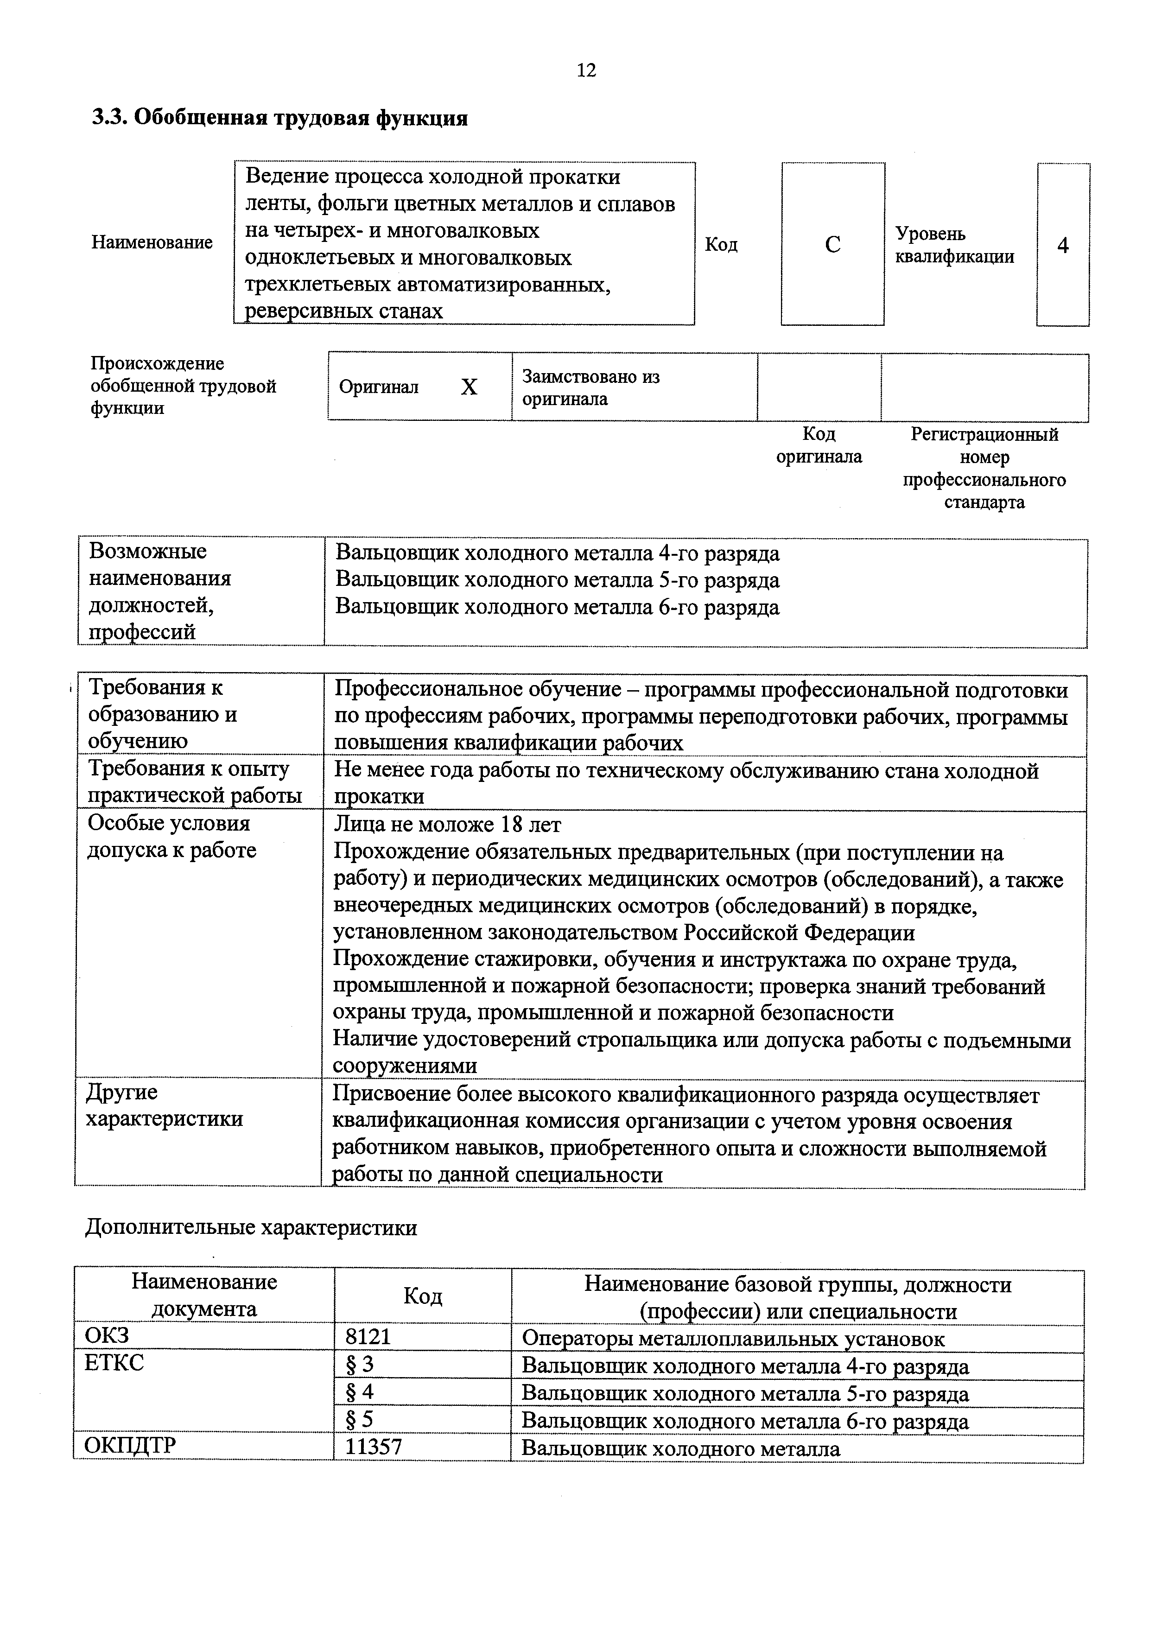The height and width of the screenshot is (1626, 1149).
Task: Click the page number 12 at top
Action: click(x=586, y=70)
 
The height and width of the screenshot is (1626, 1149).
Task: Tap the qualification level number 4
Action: click(x=1063, y=246)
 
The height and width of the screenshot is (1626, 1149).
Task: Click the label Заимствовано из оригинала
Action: click(x=590, y=387)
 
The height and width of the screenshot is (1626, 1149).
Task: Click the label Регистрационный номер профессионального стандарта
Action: click(x=984, y=467)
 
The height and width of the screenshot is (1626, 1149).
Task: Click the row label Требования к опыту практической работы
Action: click(x=188, y=782)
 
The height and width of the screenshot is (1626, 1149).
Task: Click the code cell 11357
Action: click(x=373, y=1446)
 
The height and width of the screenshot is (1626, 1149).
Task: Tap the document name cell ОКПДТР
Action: click(x=130, y=1445)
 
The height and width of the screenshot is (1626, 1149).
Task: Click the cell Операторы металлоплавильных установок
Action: click(x=733, y=1339)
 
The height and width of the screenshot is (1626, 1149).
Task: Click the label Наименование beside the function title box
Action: click(x=152, y=243)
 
